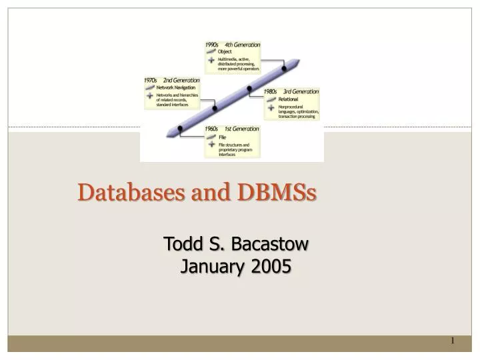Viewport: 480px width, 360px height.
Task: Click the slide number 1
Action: [452, 341]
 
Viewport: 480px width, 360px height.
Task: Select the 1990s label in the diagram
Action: [213, 45]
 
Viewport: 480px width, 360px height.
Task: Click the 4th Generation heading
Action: [242, 45]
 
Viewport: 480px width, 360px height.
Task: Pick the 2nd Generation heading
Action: [181, 81]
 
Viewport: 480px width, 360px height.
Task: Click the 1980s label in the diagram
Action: [270, 91]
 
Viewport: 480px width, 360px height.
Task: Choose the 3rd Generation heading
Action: [301, 91]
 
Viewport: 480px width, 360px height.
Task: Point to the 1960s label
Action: [212, 129]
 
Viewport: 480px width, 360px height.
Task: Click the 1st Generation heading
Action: [241, 129]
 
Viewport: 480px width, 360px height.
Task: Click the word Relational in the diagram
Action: [288, 99]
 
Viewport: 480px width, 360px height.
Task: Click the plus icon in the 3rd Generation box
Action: [271, 109]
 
